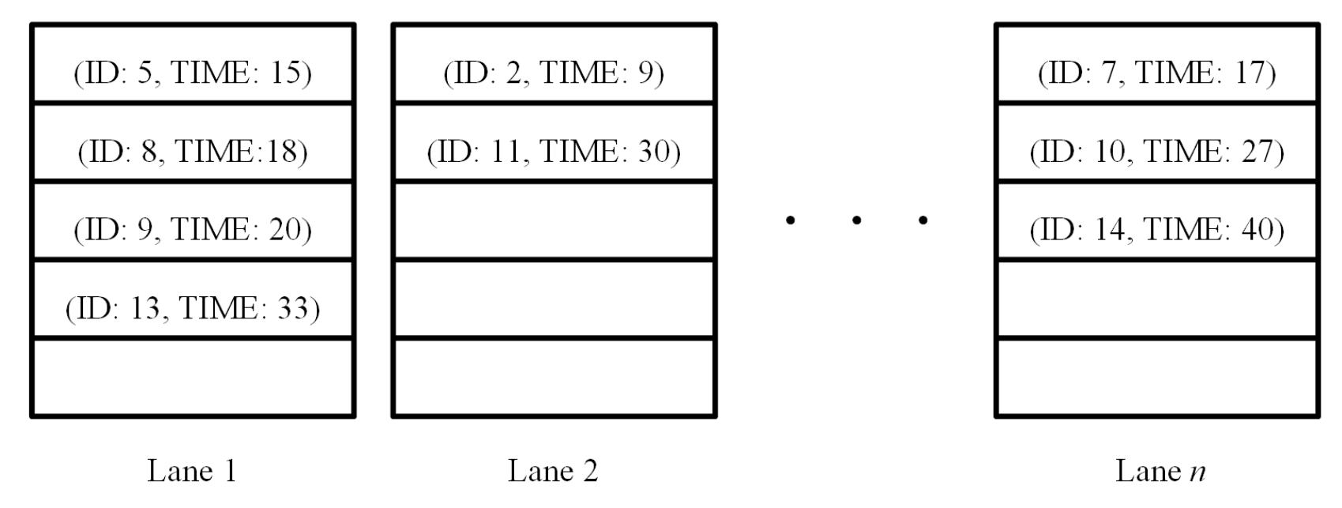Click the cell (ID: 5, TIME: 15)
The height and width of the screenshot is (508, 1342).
(x=193, y=73)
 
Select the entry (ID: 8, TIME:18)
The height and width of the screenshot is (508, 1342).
(x=193, y=151)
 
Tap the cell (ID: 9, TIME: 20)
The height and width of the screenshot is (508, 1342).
(x=193, y=229)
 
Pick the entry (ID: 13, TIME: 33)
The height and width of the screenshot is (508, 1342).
(x=193, y=307)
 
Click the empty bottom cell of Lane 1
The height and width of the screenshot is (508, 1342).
(x=193, y=378)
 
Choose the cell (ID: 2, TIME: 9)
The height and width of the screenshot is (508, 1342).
(x=554, y=73)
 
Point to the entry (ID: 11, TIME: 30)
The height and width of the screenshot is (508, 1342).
(x=554, y=151)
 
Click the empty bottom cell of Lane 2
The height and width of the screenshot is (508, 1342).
(x=554, y=378)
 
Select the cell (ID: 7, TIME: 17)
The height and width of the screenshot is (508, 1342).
(x=1156, y=73)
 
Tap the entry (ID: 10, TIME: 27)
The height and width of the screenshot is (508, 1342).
(x=1156, y=151)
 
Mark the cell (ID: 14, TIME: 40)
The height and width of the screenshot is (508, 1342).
(x=1156, y=229)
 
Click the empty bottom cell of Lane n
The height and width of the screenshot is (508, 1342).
(x=1156, y=378)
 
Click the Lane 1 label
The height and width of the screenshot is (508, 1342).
(x=192, y=471)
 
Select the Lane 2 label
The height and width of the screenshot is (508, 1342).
(x=553, y=471)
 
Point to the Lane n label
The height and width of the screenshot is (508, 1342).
(x=1160, y=471)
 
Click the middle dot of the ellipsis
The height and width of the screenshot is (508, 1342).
(x=856, y=220)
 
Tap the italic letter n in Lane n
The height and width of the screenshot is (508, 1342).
(x=1197, y=472)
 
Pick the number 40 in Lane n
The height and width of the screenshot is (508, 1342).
(x=1256, y=229)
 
